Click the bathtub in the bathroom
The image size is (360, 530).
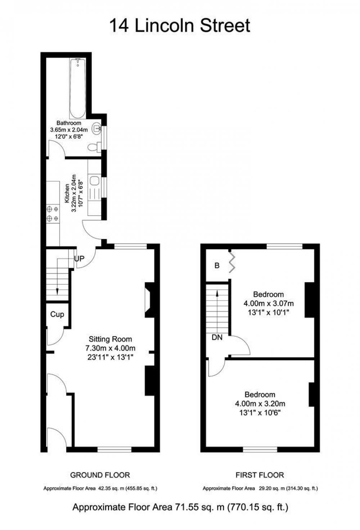77,88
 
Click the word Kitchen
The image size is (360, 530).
67,194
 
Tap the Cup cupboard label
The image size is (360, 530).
57,314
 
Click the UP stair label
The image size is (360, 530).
79,259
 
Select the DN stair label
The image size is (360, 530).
217,338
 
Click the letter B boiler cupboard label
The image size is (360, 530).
217,266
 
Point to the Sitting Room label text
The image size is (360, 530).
110,339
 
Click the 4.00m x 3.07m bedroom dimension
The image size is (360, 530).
269,303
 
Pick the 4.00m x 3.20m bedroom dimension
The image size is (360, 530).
260,403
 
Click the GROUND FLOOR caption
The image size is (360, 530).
100,475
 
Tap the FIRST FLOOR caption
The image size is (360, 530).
260,475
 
